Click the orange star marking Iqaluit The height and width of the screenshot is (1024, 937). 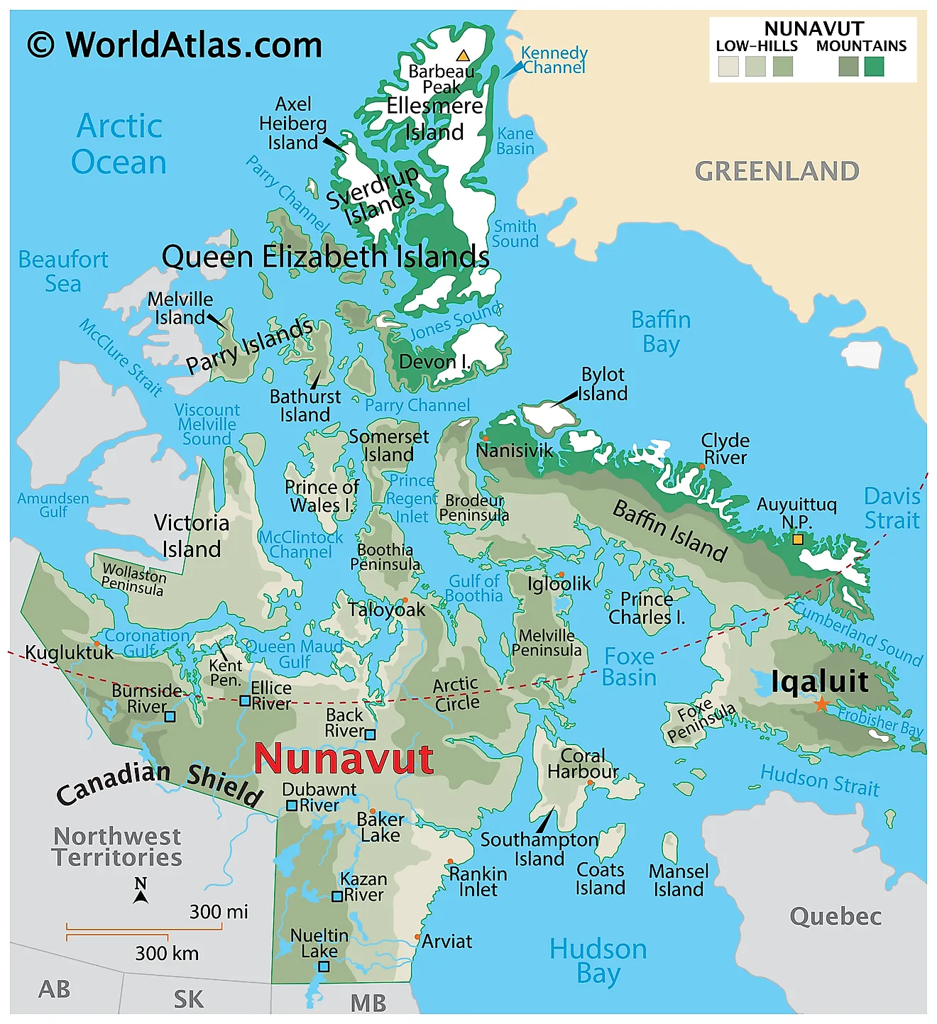pos(821,704)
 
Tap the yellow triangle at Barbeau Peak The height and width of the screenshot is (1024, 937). pos(463,55)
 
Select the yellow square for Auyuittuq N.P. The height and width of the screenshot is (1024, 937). pos(797,539)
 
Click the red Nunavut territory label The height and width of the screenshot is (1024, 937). pos(344,759)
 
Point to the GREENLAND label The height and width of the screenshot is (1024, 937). pos(777,171)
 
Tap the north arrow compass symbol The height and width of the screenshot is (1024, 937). pos(141,891)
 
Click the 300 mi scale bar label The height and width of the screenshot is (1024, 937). pos(219,911)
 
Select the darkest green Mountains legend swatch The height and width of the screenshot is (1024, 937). pos(874,67)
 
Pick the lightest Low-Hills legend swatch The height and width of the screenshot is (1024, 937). pos(728,67)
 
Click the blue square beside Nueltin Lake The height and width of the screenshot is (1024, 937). pos(324,967)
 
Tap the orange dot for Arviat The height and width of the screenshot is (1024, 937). pos(417,937)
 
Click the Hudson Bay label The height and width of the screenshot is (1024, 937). pos(598,961)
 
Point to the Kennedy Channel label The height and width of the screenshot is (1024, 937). pos(554,60)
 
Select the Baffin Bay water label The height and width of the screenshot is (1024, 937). pos(661,331)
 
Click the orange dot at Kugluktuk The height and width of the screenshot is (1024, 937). pos(97,644)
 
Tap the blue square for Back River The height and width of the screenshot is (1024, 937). pos(370,734)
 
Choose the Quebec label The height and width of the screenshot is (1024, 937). pos(835,916)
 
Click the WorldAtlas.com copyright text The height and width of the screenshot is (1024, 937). pos(175,45)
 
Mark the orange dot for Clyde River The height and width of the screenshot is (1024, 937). pos(701,467)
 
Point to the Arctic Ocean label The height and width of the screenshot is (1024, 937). pos(119,144)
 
